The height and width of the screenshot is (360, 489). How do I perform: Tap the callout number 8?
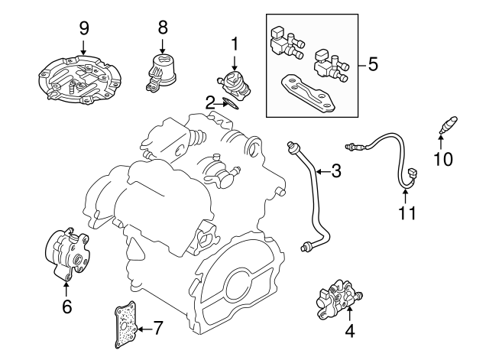(163, 28)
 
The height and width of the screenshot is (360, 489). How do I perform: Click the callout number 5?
(373, 64)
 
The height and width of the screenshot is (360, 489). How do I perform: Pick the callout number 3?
(335, 171)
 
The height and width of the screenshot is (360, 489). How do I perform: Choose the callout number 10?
(443, 159)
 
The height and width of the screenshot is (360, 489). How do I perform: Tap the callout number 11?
(407, 212)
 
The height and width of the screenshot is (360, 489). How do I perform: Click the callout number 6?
(66, 307)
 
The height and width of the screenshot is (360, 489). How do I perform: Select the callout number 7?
(157, 329)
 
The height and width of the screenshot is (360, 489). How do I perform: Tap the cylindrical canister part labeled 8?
(163, 70)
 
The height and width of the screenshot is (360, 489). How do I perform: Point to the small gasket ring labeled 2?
(232, 103)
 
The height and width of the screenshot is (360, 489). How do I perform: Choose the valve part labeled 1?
(235, 83)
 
